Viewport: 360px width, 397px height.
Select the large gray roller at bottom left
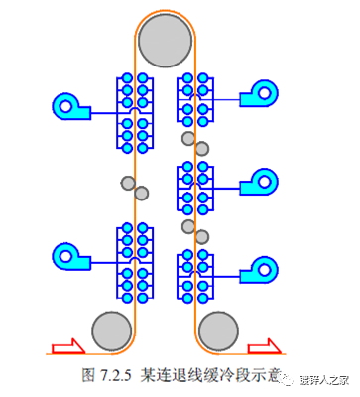110,329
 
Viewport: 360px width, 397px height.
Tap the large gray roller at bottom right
218,329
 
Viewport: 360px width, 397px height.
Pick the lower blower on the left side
68,255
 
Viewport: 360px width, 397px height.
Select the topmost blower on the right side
264,93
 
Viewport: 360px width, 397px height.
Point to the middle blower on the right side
264,181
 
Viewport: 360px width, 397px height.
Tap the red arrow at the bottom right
263,346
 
